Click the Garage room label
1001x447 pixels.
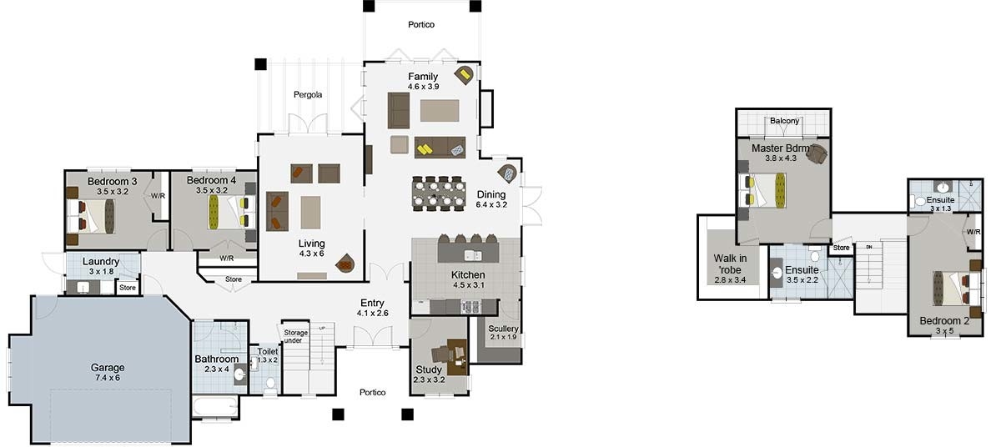pos(108,367)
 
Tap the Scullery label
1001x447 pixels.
pos(504,329)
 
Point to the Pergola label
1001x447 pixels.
pos(308,95)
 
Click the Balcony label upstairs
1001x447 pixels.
pos(784,121)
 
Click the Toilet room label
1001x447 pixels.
pos(268,352)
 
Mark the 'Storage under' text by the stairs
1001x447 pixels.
pos(296,337)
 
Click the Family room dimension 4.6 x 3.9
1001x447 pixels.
pos(423,87)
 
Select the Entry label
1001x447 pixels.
pos(372,303)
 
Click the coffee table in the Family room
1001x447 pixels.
pos(440,111)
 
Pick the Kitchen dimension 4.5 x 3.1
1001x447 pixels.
pos(468,284)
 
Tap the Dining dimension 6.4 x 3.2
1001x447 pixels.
pos(492,203)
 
